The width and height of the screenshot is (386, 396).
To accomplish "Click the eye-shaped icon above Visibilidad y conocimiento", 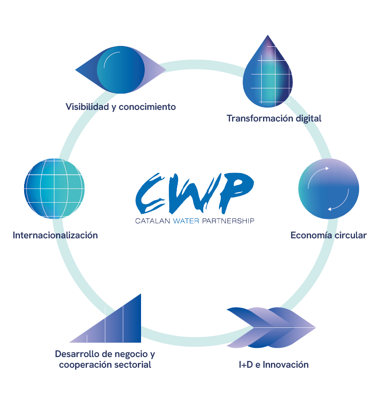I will pos(120,70).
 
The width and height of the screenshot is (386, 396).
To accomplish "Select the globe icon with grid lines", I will pos(55,189).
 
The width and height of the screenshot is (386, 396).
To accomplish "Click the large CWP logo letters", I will pos(195,192).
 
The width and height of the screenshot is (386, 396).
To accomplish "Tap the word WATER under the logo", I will pos(186,221).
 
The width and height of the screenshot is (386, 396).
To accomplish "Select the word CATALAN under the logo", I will pos(153,221).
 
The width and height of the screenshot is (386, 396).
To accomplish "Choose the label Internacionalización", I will pos(55,235).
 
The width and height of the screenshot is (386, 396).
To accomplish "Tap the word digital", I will pos(309,118).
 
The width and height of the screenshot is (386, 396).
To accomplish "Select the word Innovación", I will pos(285,364).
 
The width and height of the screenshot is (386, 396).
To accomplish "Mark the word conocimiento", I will pos(147,107).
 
